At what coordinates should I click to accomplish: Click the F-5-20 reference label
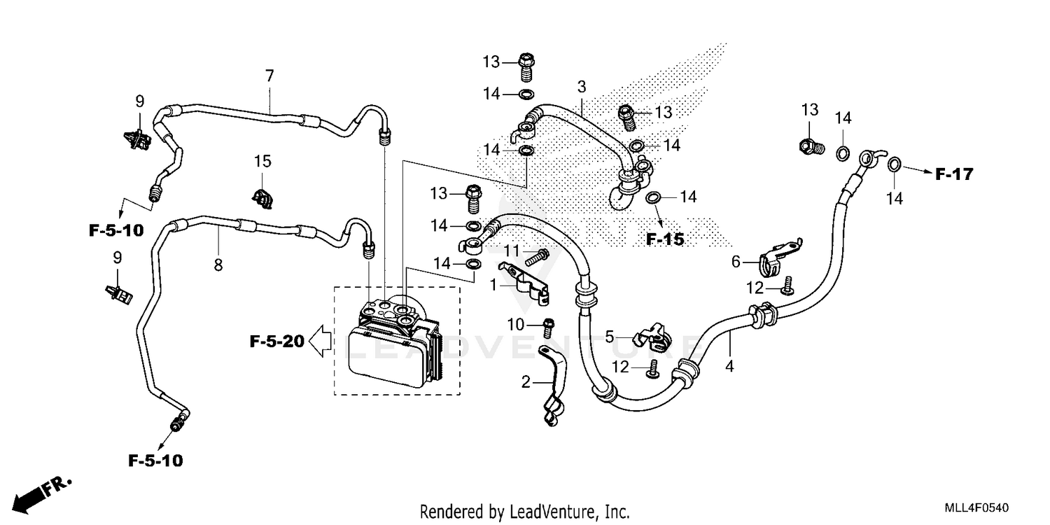(276, 342)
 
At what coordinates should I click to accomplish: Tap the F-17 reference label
(954, 174)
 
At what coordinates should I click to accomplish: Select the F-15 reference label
(664, 239)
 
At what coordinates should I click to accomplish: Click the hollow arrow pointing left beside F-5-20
(320, 342)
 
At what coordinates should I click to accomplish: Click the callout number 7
(269, 75)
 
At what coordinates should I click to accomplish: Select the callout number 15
(262, 162)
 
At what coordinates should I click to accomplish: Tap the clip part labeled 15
(262, 198)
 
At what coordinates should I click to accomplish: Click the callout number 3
(581, 87)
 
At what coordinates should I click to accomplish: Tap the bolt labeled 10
(549, 324)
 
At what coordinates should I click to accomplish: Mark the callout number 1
(493, 284)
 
